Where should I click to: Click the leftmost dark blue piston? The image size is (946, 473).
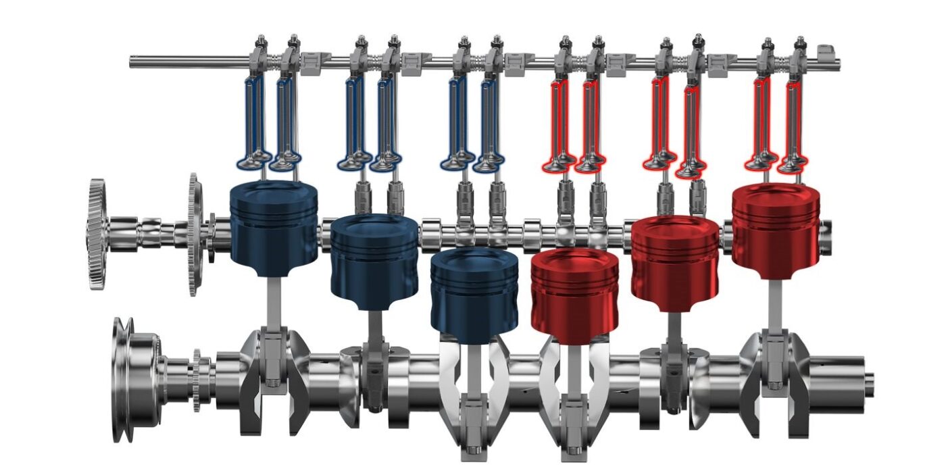tap(274, 226)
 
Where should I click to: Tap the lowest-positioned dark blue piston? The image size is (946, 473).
tap(474, 294)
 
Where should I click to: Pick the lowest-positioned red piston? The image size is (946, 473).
tap(574, 294)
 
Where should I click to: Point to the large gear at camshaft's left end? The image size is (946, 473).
tap(97, 234)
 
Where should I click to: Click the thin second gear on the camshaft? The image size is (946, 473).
tap(194, 234)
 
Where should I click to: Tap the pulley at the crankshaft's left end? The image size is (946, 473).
tap(128, 378)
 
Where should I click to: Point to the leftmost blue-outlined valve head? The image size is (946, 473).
tap(250, 162)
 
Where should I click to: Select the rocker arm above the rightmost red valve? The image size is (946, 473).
tap(799, 57)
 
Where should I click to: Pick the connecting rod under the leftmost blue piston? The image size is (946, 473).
tap(273, 304)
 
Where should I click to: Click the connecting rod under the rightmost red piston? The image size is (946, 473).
tap(775, 304)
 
